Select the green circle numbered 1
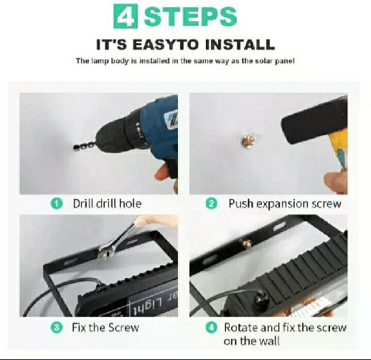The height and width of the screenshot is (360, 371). point(56,203)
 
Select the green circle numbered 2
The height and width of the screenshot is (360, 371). point(211,203)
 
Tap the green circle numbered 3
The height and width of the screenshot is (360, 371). point(56,328)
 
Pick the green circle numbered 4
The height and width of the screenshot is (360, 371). point(211,328)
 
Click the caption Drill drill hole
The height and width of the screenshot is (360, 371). point(107,203)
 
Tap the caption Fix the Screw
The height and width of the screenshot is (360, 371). point(105,328)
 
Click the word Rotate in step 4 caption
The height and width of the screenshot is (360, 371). point(241,328)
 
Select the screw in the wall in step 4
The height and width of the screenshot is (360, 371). point(247,244)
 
